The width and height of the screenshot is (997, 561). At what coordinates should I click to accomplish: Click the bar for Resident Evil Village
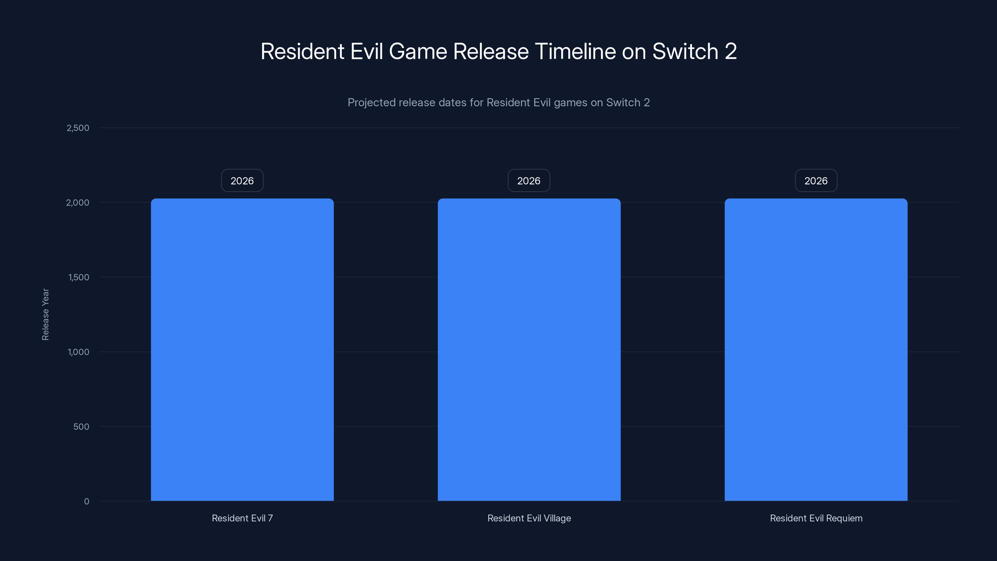(x=529, y=350)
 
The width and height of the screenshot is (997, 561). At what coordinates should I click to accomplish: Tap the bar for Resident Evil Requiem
(x=816, y=350)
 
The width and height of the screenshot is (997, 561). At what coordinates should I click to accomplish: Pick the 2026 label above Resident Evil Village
(x=529, y=180)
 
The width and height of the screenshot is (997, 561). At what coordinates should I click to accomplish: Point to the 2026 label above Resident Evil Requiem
(x=816, y=180)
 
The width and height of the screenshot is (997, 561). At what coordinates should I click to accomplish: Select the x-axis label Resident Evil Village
(x=529, y=518)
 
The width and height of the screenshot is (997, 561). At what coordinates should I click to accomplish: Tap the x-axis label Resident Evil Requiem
(x=816, y=518)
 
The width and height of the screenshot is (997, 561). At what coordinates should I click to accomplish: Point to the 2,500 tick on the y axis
(x=78, y=128)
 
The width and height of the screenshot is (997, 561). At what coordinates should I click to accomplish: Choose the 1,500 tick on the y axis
(x=79, y=277)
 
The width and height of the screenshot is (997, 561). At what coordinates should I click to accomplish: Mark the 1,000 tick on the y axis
(x=78, y=352)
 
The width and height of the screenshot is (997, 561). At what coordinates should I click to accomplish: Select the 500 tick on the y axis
(x=81, y=427)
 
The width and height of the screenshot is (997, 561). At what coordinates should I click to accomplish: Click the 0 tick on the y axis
(x=86, y=501)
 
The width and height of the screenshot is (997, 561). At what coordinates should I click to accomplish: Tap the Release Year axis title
(x=45, y=314)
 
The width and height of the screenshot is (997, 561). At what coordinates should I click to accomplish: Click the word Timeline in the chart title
(x=575, y=51)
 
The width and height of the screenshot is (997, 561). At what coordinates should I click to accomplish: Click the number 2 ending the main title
(x=730, y=51)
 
